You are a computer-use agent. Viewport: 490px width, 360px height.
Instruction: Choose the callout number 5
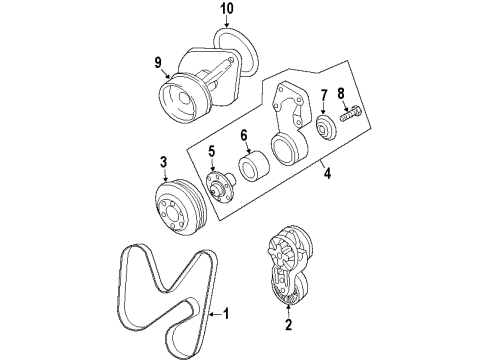click(x=211, y=153)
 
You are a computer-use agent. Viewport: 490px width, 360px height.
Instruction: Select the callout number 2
click(x=288, y=324)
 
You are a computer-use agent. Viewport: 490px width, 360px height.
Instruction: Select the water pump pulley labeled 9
click(x=183, y=100)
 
